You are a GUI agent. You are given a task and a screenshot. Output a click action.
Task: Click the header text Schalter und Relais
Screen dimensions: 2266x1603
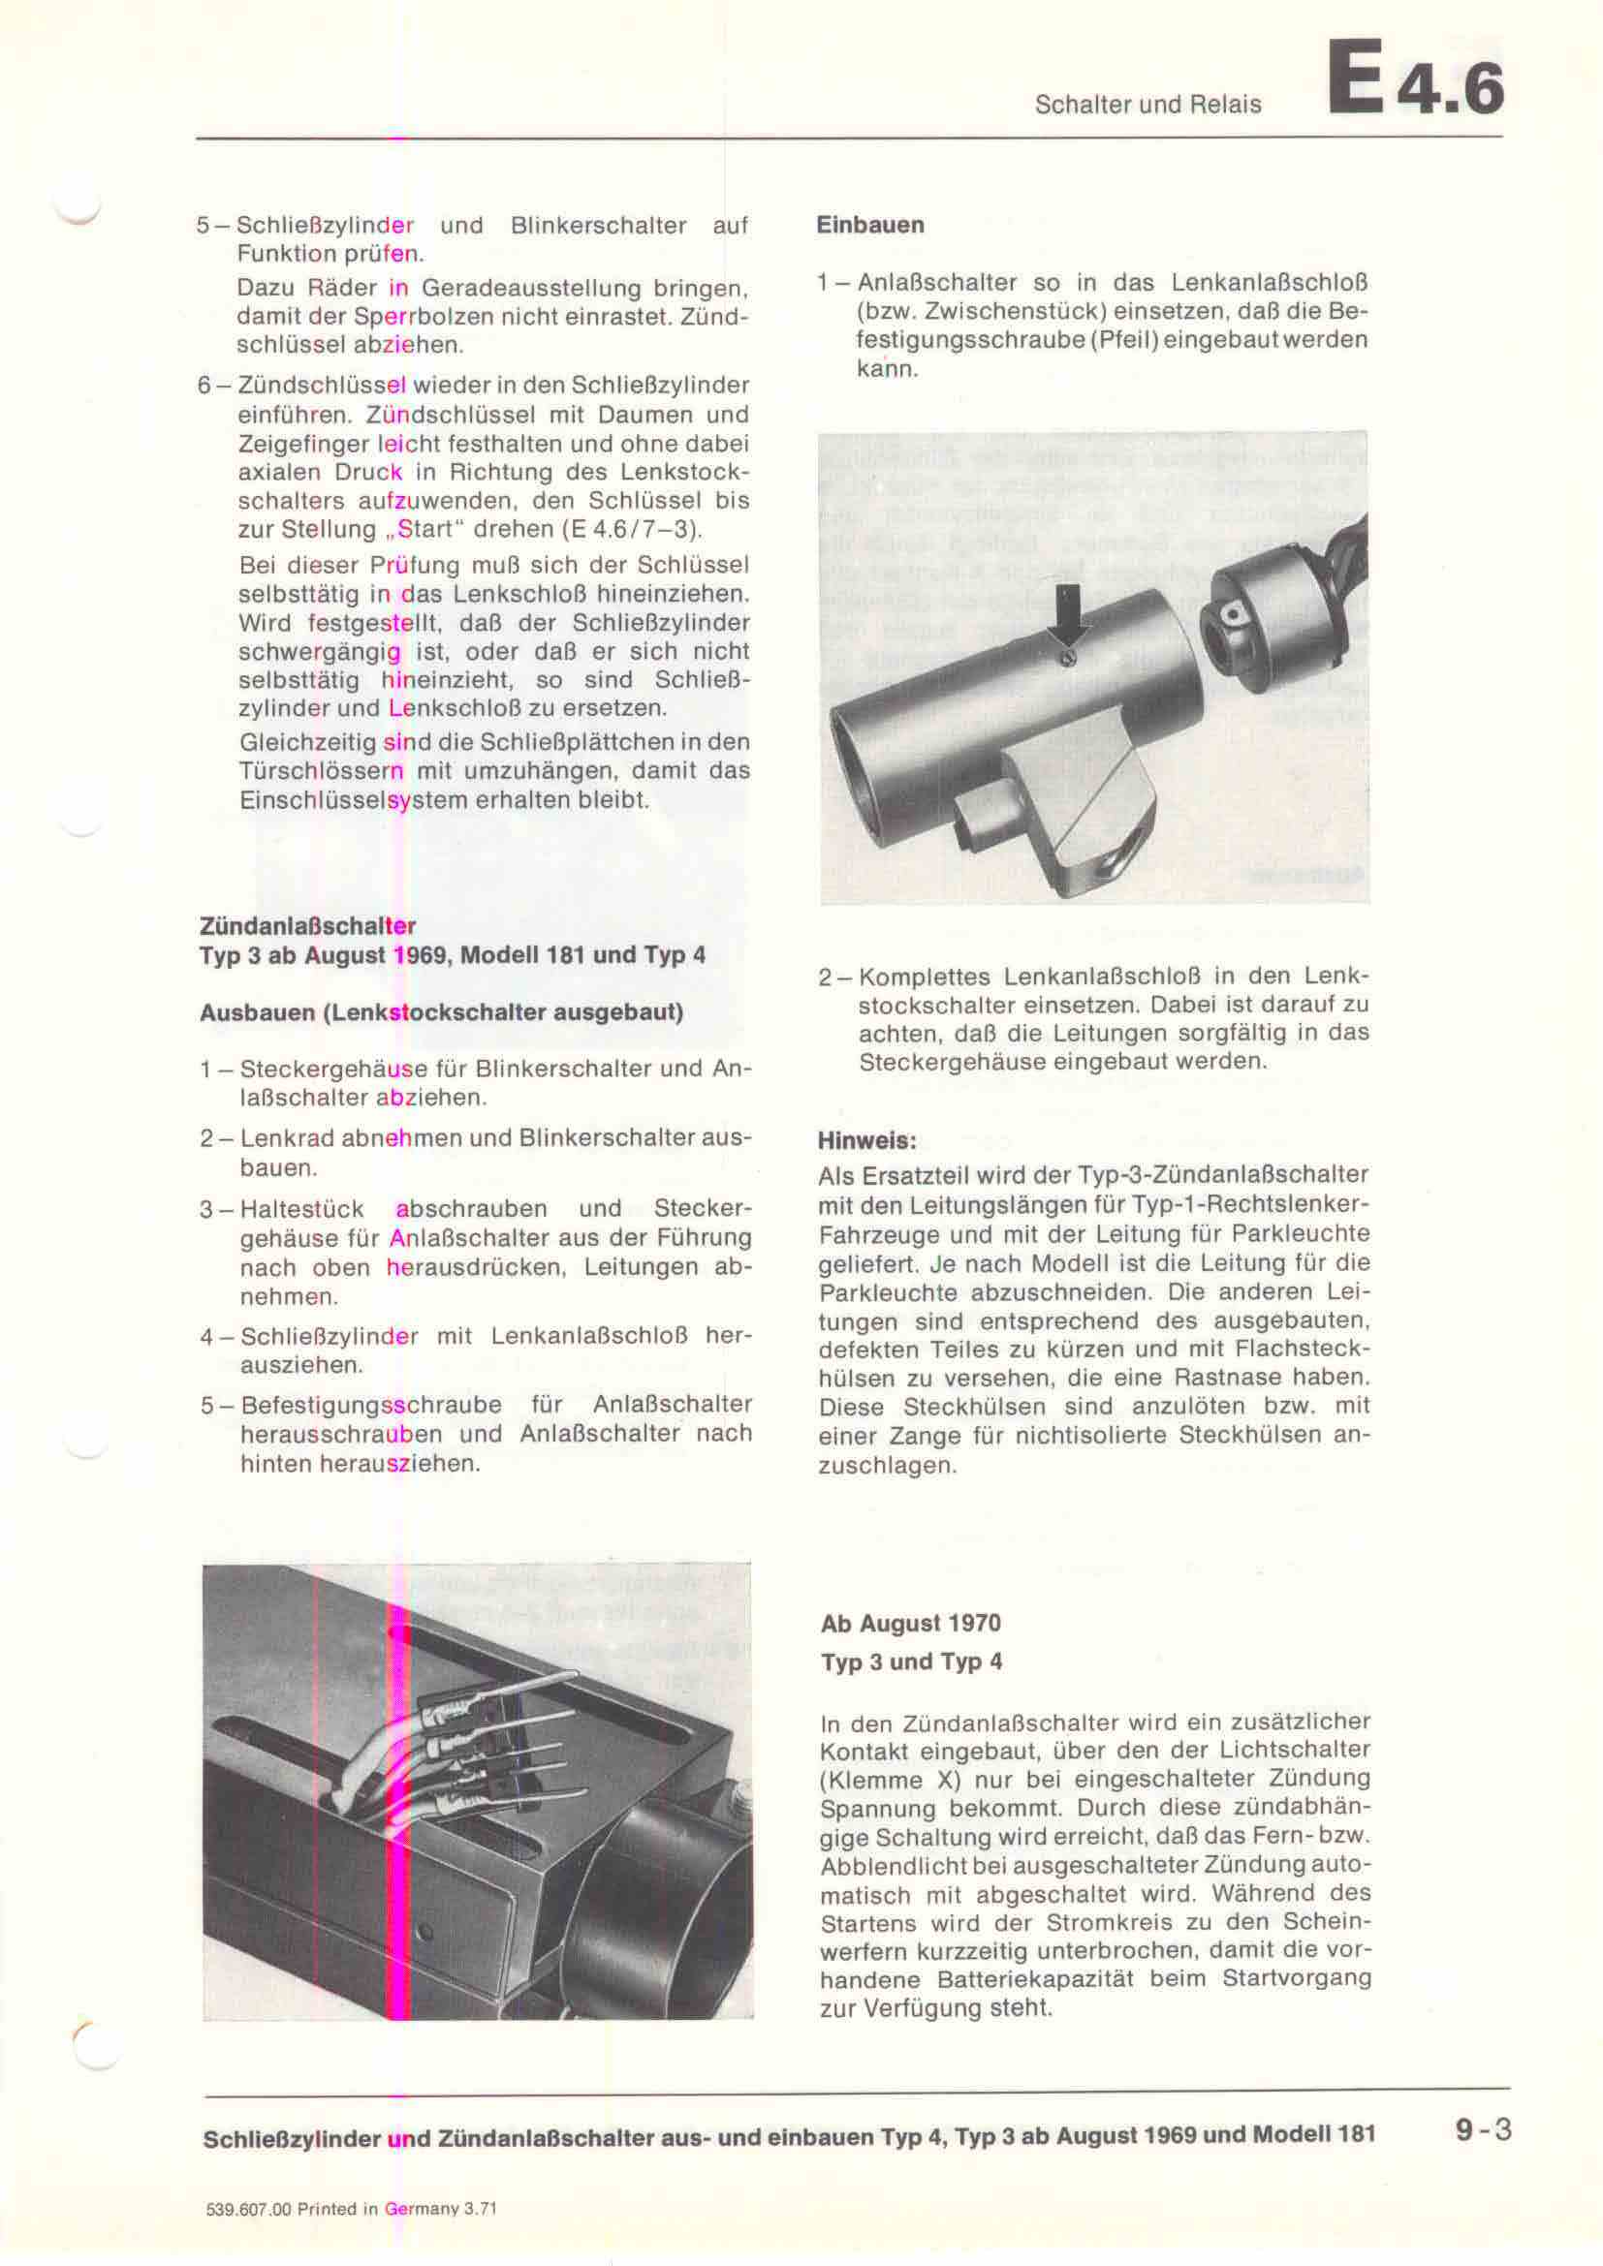1147,105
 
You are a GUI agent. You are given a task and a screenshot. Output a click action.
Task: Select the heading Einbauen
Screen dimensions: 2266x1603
869,225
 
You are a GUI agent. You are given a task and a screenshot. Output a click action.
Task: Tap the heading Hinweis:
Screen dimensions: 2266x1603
866,1141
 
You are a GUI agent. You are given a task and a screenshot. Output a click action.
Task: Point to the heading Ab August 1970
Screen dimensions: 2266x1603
910,1624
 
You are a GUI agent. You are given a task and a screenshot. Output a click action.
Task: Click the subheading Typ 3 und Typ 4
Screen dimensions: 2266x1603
910,1662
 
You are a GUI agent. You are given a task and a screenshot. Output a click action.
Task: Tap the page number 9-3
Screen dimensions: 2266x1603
1482,2129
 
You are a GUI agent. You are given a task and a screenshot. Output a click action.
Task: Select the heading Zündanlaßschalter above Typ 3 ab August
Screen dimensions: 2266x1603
307,926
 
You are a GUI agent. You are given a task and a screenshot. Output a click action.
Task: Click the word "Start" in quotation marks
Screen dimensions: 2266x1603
426,529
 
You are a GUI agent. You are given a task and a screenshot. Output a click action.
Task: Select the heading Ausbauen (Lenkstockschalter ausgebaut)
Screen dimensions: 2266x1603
441,1012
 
